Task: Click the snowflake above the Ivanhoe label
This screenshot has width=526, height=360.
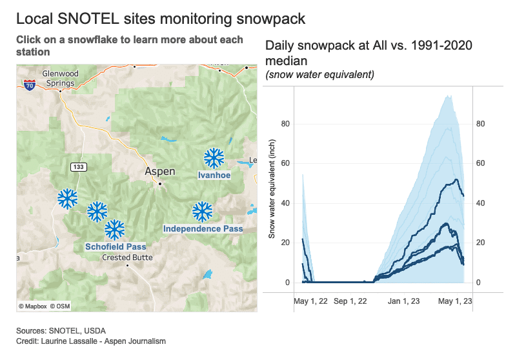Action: point(214,157)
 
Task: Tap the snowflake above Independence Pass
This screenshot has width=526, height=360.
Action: point(203,211)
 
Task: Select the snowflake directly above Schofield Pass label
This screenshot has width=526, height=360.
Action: point(115,229)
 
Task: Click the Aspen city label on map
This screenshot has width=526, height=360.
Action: point(159,172)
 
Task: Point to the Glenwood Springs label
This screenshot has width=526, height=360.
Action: point(60,78)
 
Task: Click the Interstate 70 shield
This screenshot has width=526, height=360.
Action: point(29,85)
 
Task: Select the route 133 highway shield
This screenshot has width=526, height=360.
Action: point(79,167)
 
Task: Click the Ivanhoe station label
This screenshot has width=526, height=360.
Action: point(214,175)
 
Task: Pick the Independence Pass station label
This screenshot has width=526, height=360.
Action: point(203,228)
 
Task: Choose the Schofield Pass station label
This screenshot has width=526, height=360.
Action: point(116,246)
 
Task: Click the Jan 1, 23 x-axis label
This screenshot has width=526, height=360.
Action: point(403,301)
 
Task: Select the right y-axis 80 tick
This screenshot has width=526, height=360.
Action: point(480,125)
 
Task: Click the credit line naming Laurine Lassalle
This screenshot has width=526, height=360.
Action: point(91,341)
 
